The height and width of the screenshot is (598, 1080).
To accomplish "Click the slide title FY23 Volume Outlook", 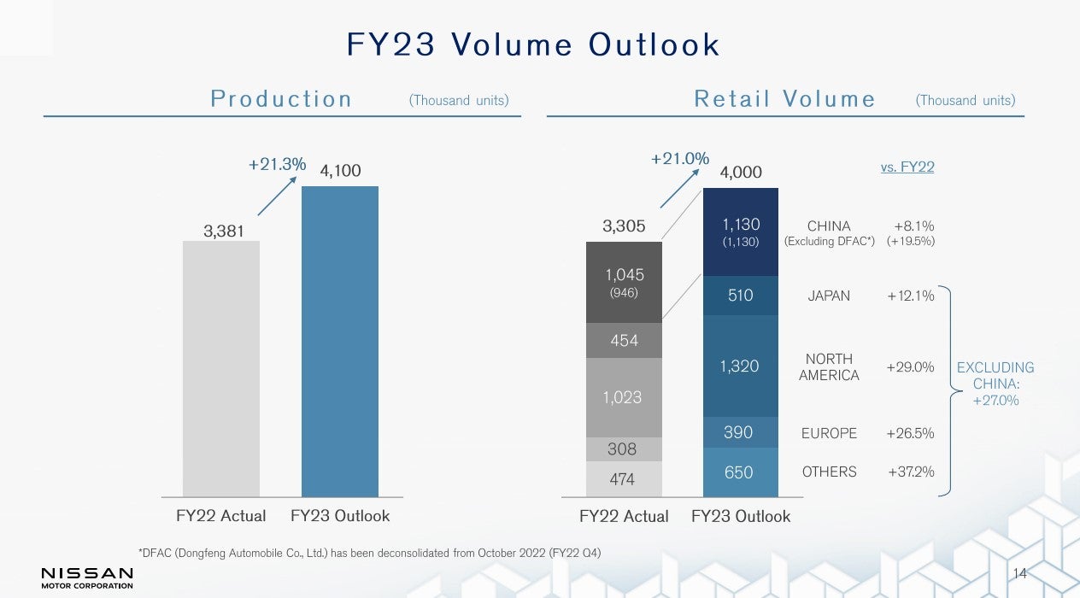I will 533,44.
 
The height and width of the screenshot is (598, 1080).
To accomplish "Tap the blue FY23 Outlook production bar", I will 339,342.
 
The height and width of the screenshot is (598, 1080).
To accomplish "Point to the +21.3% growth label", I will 277,165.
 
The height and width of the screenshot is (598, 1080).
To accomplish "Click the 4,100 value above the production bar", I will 340,172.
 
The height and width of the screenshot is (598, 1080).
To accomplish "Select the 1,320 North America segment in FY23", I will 740,366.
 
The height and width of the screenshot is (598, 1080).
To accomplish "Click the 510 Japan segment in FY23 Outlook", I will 740,296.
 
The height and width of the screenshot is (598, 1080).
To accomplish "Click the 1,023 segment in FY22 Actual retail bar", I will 624,397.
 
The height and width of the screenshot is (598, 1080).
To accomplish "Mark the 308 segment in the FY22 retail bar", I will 624,449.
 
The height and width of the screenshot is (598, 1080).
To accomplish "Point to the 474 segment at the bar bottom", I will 624,479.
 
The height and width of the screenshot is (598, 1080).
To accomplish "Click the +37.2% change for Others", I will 910,472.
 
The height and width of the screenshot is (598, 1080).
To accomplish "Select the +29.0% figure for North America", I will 910,366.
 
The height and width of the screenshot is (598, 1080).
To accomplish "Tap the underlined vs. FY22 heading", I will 907,167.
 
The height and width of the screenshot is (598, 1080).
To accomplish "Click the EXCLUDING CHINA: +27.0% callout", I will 995,384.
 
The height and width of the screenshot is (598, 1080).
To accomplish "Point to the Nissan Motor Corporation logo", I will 87,577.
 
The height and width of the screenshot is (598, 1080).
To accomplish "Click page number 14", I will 1019,572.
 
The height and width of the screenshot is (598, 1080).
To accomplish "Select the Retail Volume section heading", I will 784,99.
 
